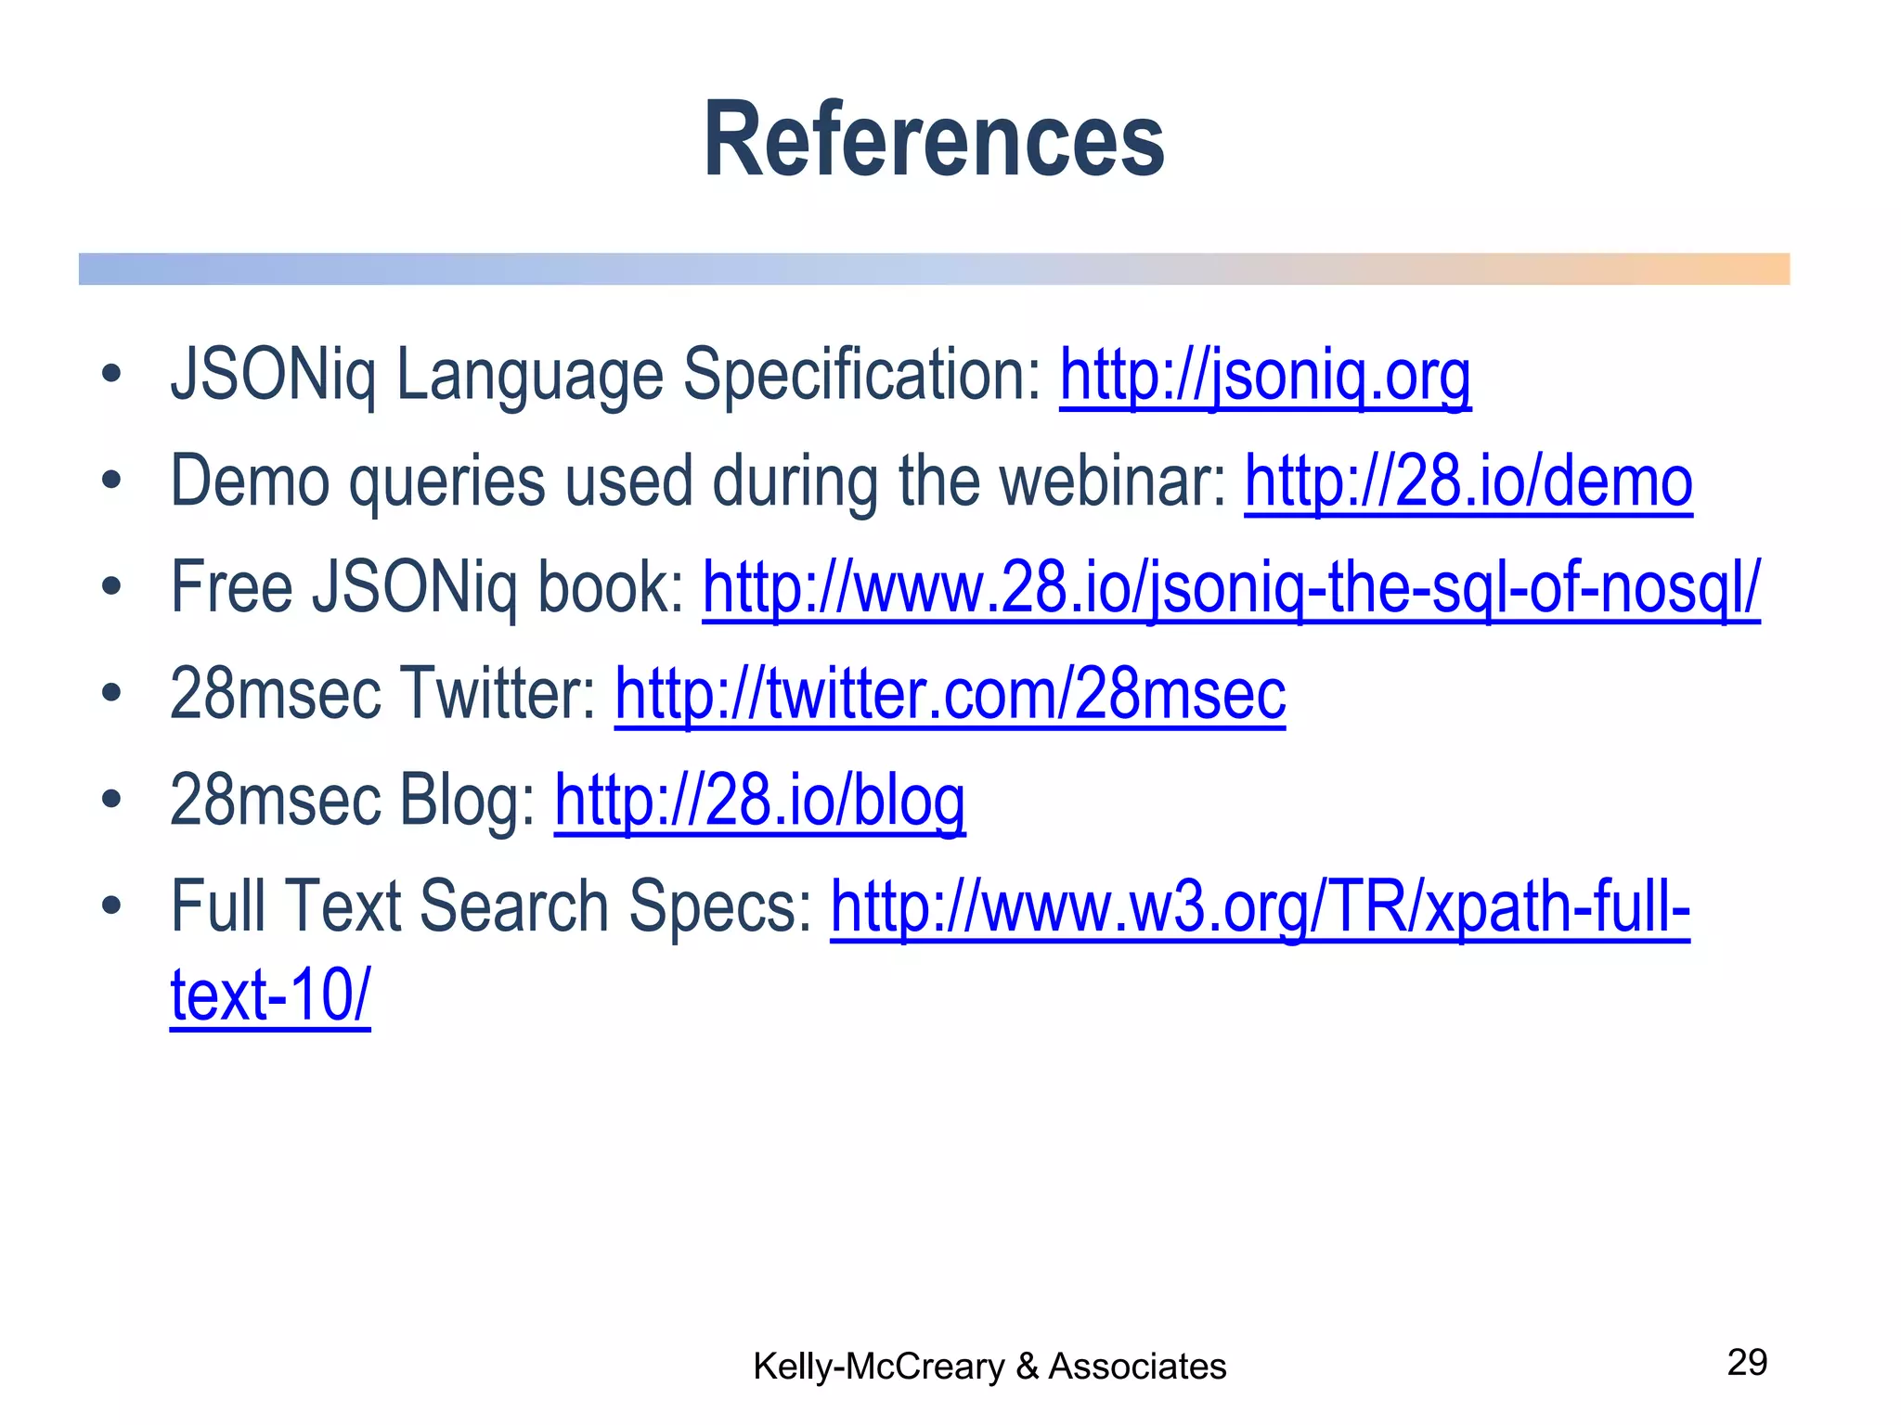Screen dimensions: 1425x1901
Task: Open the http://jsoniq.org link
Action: [1264, 376]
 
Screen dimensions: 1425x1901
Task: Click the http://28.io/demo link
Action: [1468, 481]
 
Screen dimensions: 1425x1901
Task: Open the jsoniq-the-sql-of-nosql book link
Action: [1230, 588]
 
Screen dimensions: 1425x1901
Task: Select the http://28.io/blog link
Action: [759, 801]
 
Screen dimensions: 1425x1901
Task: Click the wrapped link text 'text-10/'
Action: [270, 995]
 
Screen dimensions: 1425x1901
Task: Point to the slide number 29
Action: [1746, 1363]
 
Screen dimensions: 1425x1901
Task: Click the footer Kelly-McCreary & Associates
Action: [989, 1367]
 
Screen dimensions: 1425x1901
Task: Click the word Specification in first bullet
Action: [862, 376]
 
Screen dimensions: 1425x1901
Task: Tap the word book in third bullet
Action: [611, 588]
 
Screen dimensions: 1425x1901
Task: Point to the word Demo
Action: [250, 481]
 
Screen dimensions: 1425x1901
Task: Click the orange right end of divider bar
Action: [1754, 269]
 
